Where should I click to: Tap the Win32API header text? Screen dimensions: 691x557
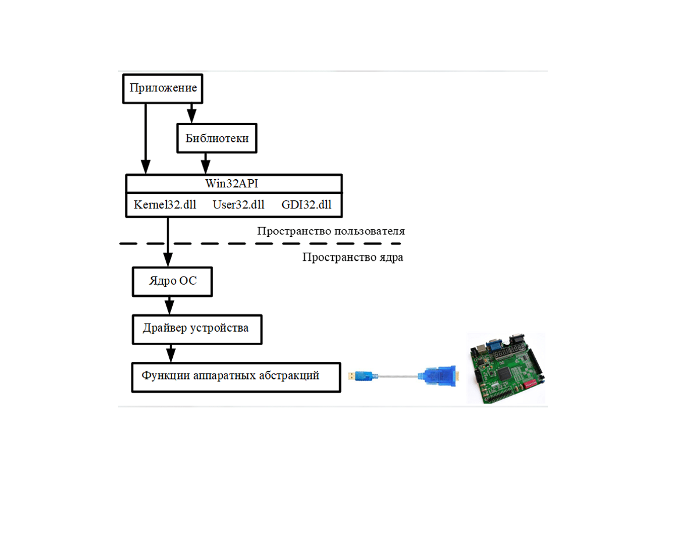[232, 183]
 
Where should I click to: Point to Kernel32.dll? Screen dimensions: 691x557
[165, 205]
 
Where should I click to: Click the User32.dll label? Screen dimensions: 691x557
[238, 205]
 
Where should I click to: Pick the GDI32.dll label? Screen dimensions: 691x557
[307, 205]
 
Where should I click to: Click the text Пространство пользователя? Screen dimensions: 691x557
[331, 231]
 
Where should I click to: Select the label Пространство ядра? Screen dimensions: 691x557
[352, 257]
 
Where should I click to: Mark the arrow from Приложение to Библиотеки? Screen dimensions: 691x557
[191, 113]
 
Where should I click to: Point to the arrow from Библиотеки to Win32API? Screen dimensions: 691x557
[205, 164]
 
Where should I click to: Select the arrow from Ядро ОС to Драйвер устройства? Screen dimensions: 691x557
[169, 306]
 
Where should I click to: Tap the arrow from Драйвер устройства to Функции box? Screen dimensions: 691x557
[171, 354]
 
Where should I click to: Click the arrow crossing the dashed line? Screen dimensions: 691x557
[168, 242]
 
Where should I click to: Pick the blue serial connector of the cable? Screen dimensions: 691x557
[438, 376]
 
